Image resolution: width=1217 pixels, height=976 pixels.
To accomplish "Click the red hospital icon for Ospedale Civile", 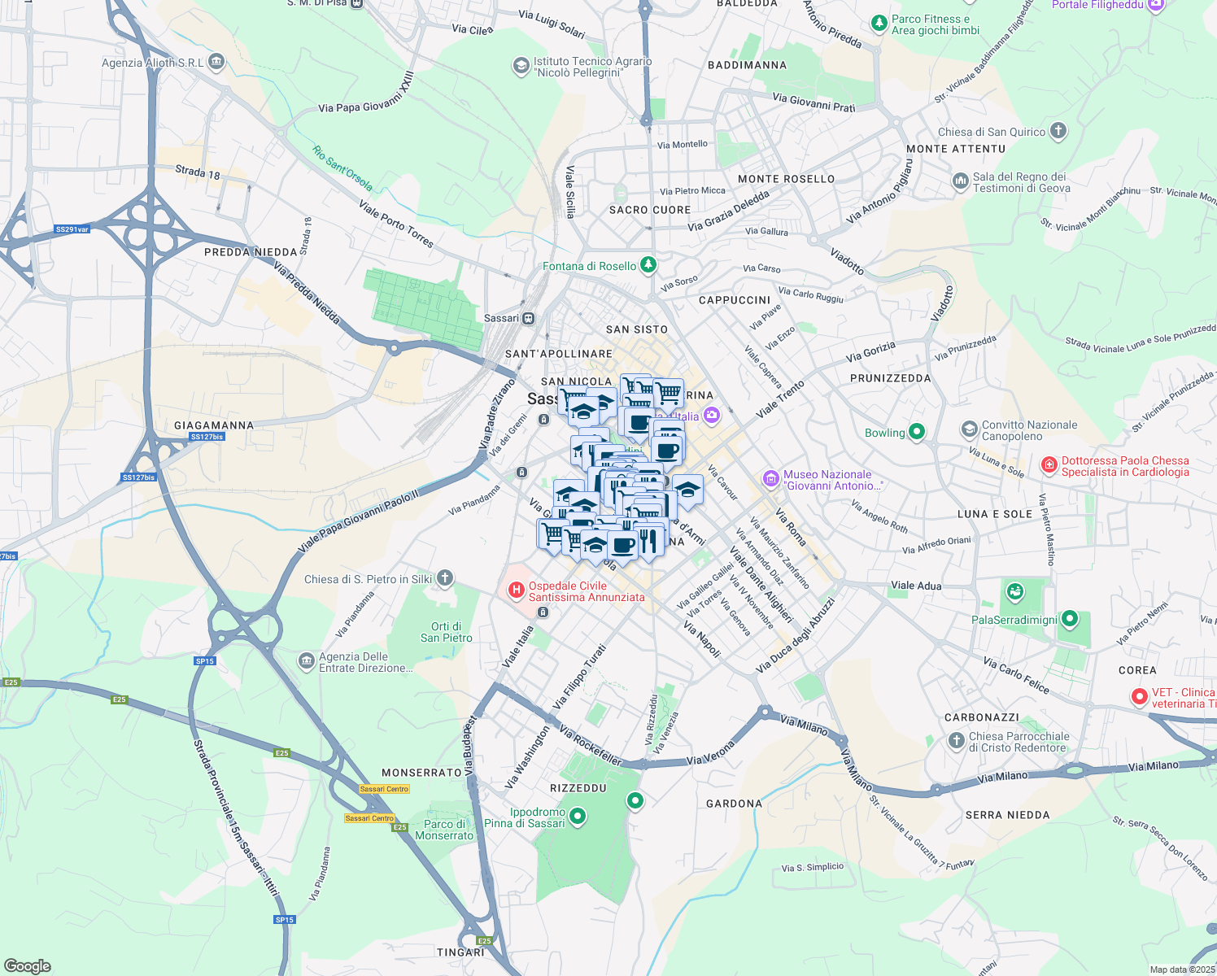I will (x=516, y=590).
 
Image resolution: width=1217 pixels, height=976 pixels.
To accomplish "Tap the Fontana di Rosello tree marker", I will (x=648, y=265).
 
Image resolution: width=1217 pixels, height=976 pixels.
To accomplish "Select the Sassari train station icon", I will (x=529, y=318).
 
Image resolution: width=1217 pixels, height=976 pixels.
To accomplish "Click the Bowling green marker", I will (x=917, y=432).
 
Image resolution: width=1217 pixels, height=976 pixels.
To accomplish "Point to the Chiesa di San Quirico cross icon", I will (x=1058, y=130).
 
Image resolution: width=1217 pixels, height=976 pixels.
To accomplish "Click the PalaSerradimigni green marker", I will (x=1070, y=620).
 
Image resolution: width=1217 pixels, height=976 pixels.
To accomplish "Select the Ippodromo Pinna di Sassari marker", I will (x=578, y=816).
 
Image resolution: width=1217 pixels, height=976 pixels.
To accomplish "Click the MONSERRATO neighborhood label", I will (x=421, y=773).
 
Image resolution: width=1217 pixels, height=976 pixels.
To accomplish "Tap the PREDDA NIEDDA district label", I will (x=251, y=252).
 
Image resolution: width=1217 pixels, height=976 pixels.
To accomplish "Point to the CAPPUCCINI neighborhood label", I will (x=735, y=300).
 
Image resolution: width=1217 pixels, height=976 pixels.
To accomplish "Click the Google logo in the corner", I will (x=28, y=965).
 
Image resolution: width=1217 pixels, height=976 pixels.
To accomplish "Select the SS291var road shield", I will (x=72, y=229).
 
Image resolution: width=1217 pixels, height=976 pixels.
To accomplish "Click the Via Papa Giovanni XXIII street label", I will (x=366, y=93).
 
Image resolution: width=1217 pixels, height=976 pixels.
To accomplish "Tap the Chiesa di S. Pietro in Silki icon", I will (x=445, y=578).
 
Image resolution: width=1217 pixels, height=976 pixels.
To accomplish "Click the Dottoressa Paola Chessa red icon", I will (x=1049, y=465).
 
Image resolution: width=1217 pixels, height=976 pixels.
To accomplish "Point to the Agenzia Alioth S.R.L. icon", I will (x=216, y=62).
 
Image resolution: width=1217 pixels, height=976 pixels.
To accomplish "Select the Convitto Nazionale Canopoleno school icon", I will (x=969, y=429).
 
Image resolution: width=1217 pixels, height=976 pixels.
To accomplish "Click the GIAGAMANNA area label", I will (x=214, y=425).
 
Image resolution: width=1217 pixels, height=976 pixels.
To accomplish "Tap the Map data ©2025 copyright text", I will (x=1182, y=969).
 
